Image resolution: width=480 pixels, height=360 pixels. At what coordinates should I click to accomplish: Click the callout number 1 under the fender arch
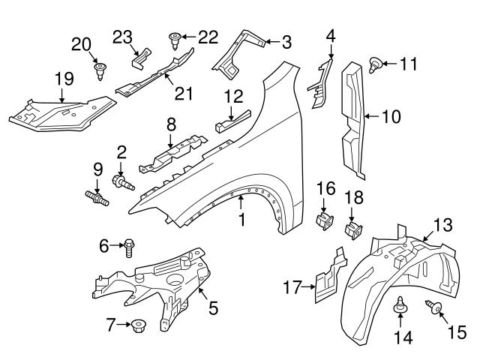click(x=241, y=220)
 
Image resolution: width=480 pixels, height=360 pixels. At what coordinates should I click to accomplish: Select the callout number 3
click(x=287, y=43)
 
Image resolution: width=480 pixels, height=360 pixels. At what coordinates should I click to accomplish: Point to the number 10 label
click(x=391, y=116)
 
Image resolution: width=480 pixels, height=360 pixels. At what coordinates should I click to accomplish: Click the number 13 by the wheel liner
click(x=444, y=223)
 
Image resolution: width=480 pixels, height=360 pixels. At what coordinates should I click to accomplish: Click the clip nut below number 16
click(x=325, y=221)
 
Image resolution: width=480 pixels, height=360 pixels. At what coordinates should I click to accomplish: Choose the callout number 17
click(x=292, y=286)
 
